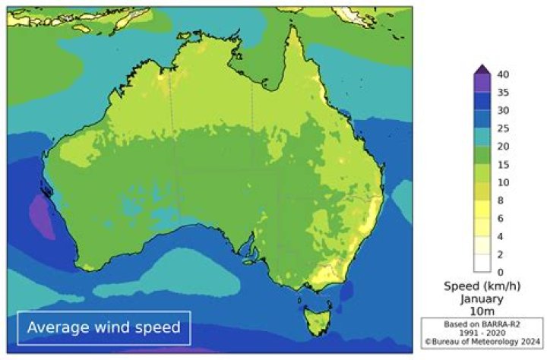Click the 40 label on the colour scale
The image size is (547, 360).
tap(503, 74)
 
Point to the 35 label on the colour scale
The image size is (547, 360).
tap(503, 93)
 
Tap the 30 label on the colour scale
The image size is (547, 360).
tap(503, 110)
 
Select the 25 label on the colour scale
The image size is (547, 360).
tap(503, 128)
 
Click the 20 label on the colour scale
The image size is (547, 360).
tap(503, 147)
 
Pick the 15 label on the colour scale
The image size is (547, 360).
tap(503, 164)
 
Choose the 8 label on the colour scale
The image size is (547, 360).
tap(501, 201)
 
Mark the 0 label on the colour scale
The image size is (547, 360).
tap(500, 272)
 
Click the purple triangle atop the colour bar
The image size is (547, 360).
tap(482, 70)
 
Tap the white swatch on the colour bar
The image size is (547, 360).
tap(482, 263)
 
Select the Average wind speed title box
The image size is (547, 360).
tap(104, 327)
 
